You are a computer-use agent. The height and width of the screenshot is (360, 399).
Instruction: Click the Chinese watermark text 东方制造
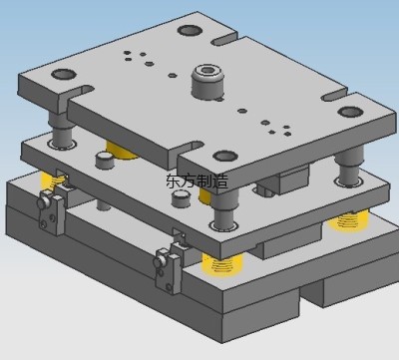point(197,180)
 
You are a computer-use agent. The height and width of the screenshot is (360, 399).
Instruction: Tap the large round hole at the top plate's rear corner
point(190,31)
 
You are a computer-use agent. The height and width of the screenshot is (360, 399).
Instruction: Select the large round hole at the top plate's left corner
point(64,74)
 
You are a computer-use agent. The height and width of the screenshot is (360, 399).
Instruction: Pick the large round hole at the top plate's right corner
point(351,112)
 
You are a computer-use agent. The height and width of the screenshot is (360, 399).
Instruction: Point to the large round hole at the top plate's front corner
point(225,156)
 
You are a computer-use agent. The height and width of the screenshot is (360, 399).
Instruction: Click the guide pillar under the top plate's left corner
point(62,131)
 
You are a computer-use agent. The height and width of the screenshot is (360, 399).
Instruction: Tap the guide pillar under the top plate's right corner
point(350,167)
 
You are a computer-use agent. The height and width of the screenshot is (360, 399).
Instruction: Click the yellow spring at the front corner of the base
point(222,263)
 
